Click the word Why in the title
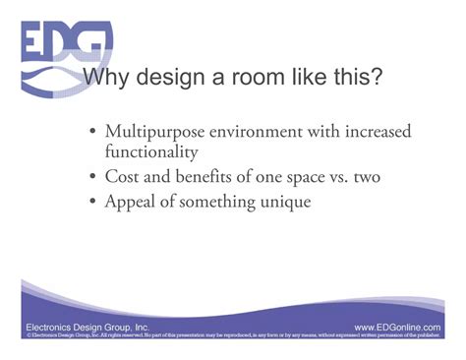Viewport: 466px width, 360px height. pyautogui.click(x=107, y=78)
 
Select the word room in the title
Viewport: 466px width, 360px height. pyautogui.click(x=274, y=78)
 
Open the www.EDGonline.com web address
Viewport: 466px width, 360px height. pyautogui.click(x=403, y=325)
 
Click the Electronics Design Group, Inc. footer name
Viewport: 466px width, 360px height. pyautogui.click(x=87, y=325)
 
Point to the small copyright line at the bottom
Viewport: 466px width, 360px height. pyautogui.click(x=233, y=336)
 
